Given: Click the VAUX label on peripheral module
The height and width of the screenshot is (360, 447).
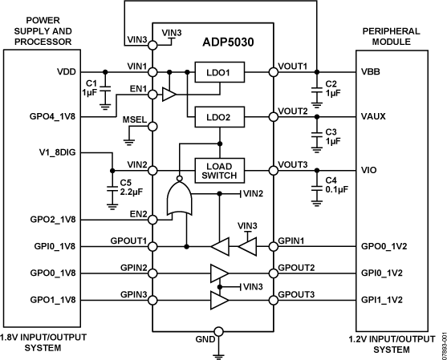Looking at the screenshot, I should click(x=374, y=116).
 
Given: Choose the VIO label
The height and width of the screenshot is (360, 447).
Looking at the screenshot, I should click(x=370, y=171).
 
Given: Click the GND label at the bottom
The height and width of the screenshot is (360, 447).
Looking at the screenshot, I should click(x=207, y=339).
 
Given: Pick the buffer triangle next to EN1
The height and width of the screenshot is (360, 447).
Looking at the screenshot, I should click(x=169, y=95).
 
